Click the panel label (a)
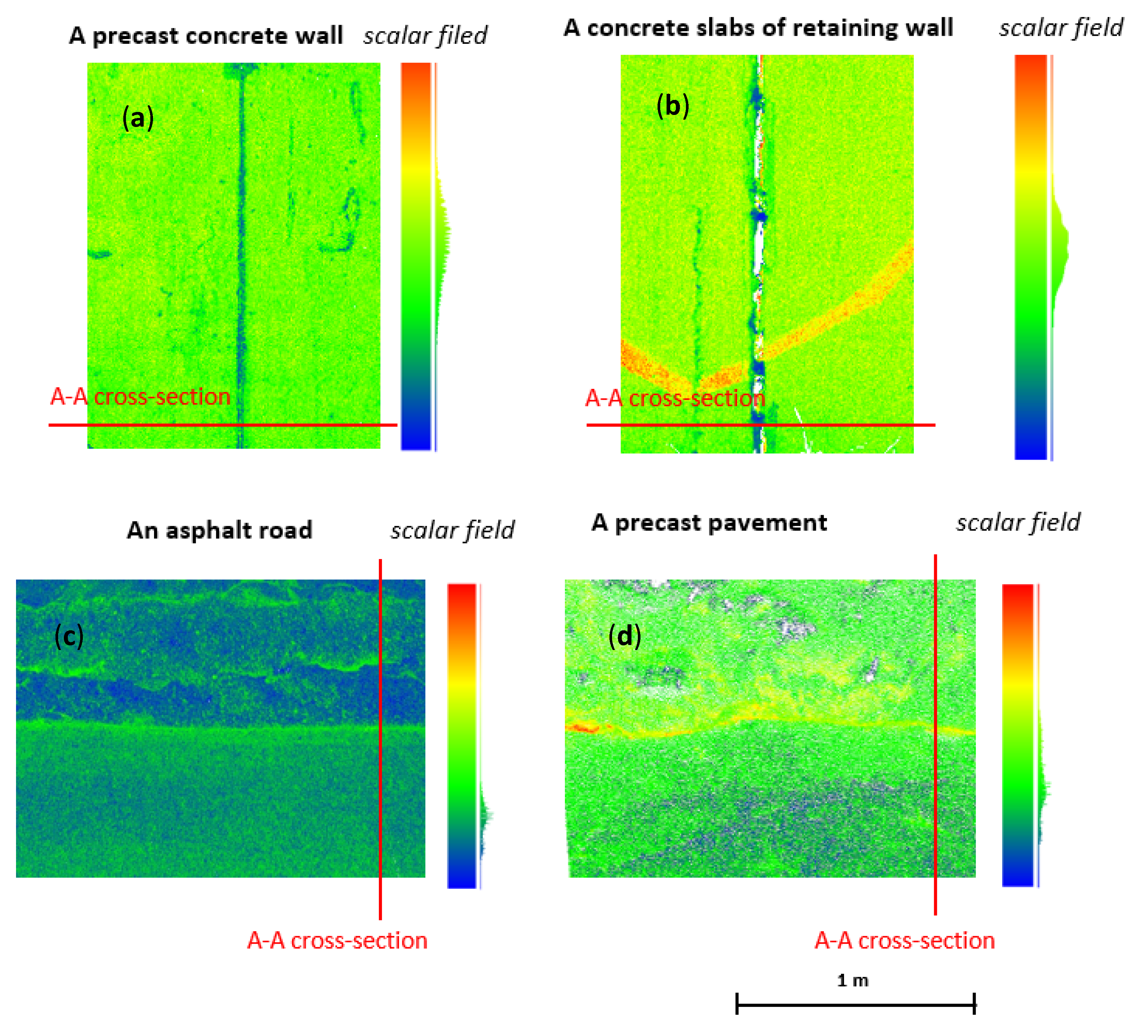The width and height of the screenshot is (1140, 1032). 138,118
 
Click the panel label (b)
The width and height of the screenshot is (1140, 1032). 672,106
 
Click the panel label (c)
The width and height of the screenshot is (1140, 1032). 69,636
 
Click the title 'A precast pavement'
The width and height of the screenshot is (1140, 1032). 709,522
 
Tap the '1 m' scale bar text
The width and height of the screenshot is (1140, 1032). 852,980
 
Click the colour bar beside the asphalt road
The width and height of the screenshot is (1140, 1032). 461,735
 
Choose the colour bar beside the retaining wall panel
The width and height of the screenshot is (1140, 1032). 1030,257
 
